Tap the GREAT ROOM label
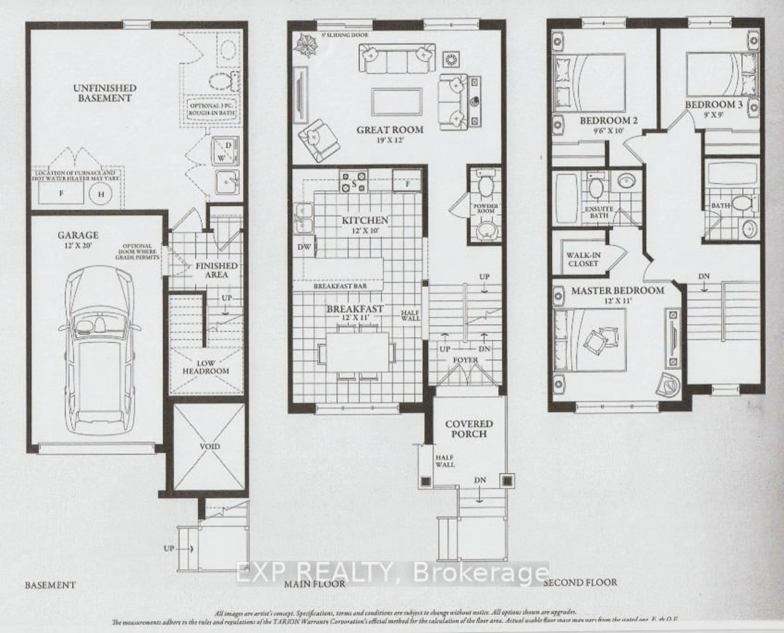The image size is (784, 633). (390, 130)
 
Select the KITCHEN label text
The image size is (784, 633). (365, 220)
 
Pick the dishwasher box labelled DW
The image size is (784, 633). (304, 247)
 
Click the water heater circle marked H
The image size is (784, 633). (101, 194)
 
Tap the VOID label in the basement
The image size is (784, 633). (210, 446)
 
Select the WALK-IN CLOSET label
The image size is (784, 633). (583, 259)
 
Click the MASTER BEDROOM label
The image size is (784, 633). (617, 291)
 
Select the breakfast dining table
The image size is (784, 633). (357, 352)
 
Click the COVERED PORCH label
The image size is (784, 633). (469, 429)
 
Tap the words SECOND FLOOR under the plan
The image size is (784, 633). (580, 582)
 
